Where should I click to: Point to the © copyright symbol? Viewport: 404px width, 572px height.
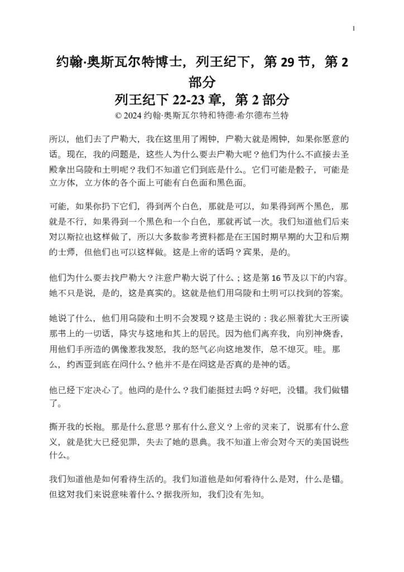117,116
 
